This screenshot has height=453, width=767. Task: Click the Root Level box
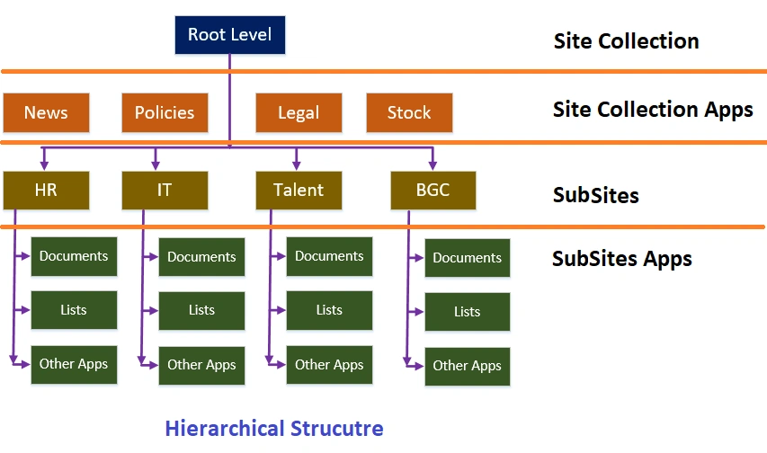click(x=230, y=35)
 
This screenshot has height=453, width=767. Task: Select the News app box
click(x=46, y=112)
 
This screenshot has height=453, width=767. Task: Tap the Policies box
click(x=165, y=112)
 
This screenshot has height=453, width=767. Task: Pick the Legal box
click(x=299, y=112)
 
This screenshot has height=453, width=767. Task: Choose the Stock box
click(x=409, y=112)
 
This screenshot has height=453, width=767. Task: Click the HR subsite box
click(x=46, y=190)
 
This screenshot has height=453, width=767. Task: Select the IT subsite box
click(x=165, y=190)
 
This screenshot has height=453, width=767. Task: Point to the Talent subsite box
click(x=299, y=190)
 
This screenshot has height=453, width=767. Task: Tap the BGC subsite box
click(x=433, y=190)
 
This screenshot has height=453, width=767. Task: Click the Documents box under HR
click(x=74, y=256)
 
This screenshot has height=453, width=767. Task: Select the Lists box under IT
click(x=201, y=311)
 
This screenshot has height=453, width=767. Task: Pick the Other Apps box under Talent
click(x=329, y=365)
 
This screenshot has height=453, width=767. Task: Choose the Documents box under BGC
click(x=468, y=258)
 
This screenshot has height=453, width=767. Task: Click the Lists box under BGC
click(x=468, y=312)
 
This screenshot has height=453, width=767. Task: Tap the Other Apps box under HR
click(x=74, y=365)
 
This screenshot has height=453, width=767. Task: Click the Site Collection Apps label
click(x=653, y=110)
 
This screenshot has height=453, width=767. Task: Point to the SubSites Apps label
click(x=622, y=259)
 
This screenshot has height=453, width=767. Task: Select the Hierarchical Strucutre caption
click(x=274, y=429)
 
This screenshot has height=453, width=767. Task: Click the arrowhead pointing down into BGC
click(x=433, y=165)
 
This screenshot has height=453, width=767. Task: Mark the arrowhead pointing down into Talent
click(x=297, y=165)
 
